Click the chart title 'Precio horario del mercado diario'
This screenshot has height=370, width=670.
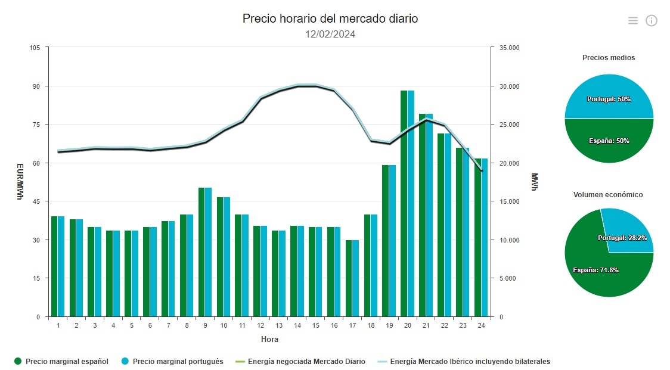[330, 18]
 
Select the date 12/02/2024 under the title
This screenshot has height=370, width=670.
[330, 34]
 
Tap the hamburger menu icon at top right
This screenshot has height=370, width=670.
[632, 21]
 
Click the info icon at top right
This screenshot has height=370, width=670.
[652, 21]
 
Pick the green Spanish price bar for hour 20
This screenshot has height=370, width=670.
[404, 203]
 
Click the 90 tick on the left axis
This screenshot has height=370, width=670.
[36, 86]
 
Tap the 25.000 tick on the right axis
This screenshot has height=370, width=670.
[510, 125]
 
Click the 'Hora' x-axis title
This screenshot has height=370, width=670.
[269, 340]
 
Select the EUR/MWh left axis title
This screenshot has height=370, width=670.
[20, 182]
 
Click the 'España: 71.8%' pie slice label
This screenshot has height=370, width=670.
[595, 270]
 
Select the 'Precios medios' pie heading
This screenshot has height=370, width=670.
[609, 58]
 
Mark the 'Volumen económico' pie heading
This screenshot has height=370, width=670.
[608, 195]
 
